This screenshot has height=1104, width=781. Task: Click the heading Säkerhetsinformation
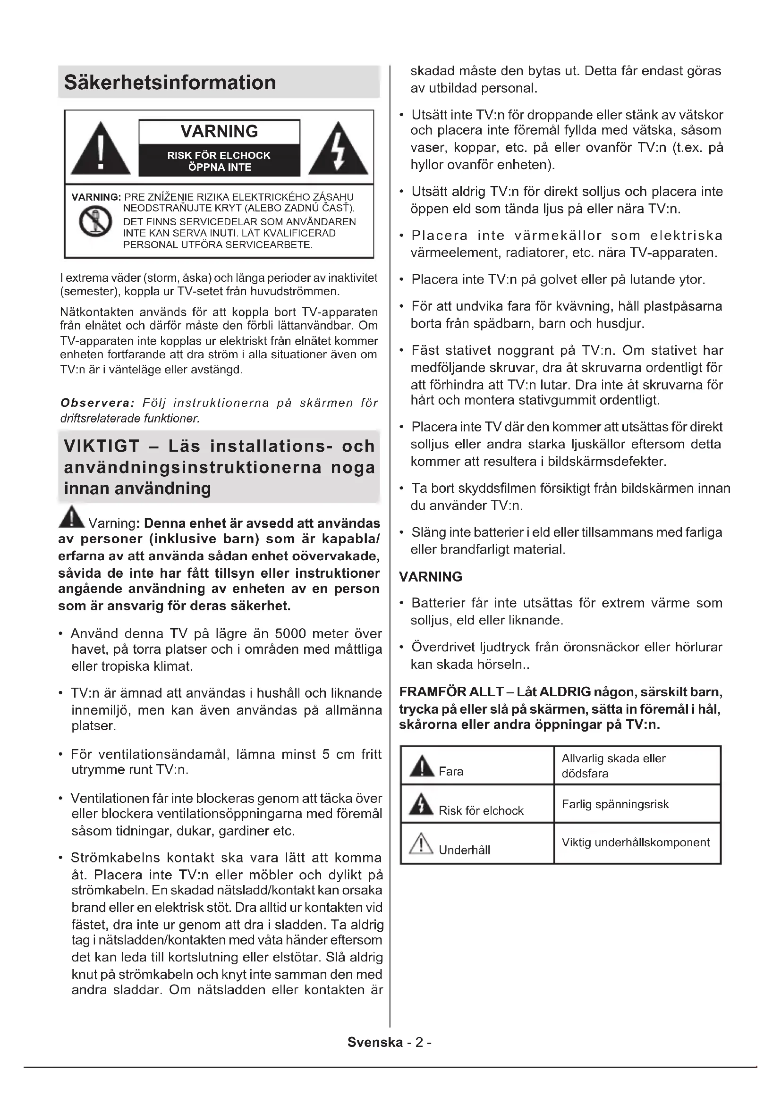pyautogui.click(x=170, y=83)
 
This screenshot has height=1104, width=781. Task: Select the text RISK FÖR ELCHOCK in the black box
pyautogui.click(x=219, y=156)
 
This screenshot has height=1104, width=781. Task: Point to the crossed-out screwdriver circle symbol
pyautogui.click(x=95, y=221)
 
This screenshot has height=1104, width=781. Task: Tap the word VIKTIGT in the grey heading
pyautogui.click(x=102, y=446)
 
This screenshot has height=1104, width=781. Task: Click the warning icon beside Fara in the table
pyautogui.click(x=421, y=767)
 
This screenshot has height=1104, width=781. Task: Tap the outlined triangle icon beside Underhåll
pyautogui.click(x=421, y=844)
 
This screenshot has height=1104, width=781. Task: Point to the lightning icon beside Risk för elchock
pyautogui.click(x=421, y=804)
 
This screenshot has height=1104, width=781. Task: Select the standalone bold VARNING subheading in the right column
pyautogui.click(x=431, y=576)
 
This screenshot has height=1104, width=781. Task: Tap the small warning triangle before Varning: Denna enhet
pyautogui.click(x=71, y=517)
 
